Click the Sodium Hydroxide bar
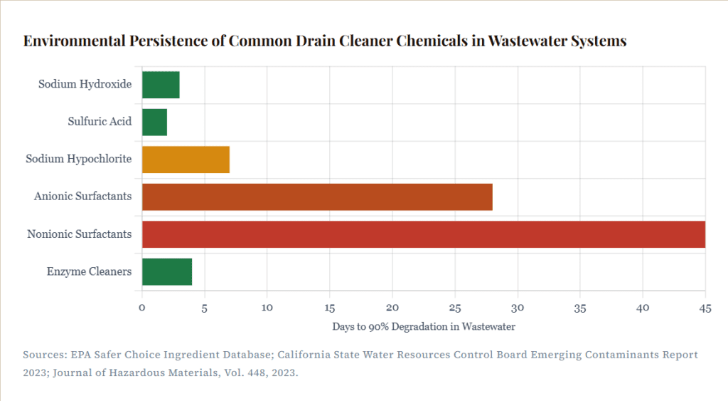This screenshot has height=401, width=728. tap(161, 85)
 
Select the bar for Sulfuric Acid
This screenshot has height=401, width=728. tap(154, 122)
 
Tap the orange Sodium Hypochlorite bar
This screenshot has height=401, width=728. tap(186, 159)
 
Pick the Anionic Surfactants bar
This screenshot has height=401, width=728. tap(317, 196)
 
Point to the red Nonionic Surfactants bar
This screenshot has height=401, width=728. tap(423, 234)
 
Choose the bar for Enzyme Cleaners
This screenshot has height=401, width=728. tap(167, 271)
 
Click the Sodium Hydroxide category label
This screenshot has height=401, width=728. tap(85, 84)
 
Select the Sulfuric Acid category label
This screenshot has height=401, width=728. tap(100, 122)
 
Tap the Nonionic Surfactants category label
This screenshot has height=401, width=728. tap(79, 234)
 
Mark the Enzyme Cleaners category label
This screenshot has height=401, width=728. tap(89, 271)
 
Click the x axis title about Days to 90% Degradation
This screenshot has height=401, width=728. tap(423, 327)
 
